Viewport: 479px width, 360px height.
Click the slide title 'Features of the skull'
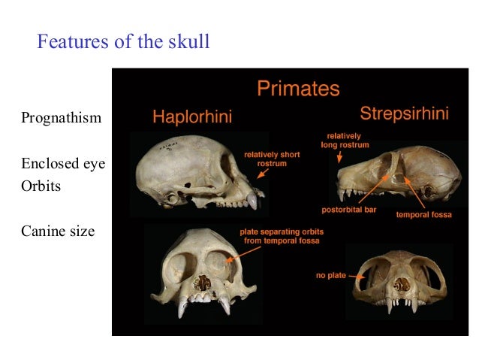pos(123,42)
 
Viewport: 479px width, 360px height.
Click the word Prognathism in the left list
pos(62,118)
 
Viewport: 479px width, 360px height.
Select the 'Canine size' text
pos(58,231)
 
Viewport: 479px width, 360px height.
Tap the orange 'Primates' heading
pos(298,89)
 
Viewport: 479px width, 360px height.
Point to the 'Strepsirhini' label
pos(404,114)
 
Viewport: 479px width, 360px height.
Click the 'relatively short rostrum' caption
pos(272,159)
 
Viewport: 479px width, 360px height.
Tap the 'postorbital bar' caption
pos(349,210)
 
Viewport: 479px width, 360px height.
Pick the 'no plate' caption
pos(330,275)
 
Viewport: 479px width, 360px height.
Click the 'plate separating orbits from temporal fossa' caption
pos(279,236)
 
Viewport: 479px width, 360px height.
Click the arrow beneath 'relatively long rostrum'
pos(339,156)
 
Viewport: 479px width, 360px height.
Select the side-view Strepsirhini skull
pos(398,177)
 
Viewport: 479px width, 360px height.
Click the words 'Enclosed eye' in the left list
pos(63,163)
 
